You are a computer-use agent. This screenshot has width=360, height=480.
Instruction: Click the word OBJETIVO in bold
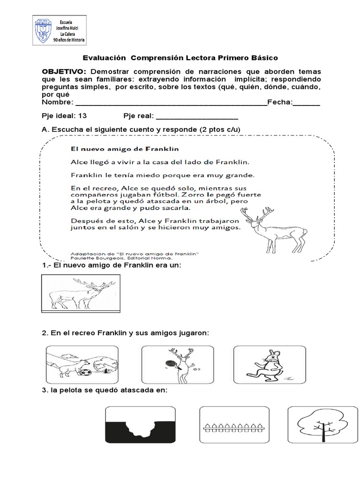pyautogui.click(x=64, y=71)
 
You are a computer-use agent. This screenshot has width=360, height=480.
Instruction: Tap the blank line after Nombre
pyautogui.click(x=171, y=103)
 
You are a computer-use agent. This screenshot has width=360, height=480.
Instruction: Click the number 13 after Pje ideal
pyautogui.click(x=82, y=116)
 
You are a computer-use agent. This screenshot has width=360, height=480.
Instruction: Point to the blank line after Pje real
pyautogui.click(x=196, y=116)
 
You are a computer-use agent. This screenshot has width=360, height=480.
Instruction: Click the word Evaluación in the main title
pyautogui.click(x=105, y=58)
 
